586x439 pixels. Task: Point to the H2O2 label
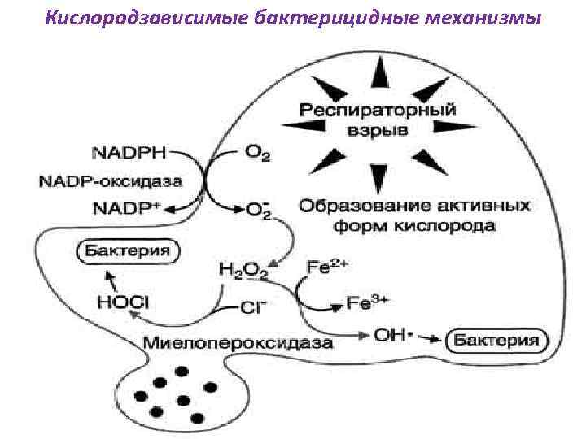click(243, 269)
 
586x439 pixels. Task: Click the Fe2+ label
click(326, 267)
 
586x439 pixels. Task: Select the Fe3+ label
click(370, 303)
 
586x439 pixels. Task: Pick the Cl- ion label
click(253, 306)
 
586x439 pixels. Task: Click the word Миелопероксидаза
click(238, 341)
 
